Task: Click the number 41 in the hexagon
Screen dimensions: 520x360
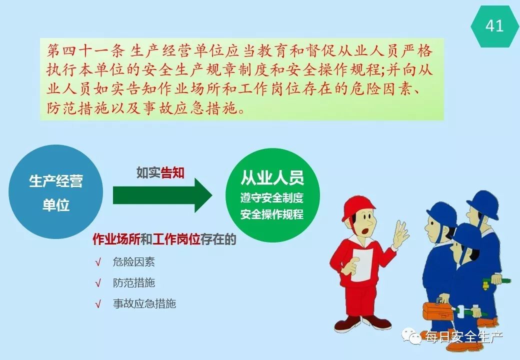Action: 494,25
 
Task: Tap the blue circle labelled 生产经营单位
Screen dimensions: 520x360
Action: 55,192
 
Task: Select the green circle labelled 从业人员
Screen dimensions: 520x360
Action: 272,195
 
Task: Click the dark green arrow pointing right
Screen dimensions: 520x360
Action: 162,195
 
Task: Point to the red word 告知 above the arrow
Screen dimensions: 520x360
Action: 172,172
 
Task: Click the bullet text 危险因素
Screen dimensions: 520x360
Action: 133,262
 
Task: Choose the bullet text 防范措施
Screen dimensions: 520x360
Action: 133,283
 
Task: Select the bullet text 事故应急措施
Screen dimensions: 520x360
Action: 144,303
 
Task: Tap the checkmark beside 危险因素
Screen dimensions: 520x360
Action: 98,262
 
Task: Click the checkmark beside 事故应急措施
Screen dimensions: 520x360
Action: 98,304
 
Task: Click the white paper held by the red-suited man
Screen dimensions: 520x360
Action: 362,264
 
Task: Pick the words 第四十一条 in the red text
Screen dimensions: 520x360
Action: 85,50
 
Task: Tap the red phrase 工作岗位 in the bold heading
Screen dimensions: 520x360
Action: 176,239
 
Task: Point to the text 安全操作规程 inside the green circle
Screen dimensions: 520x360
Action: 272,214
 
